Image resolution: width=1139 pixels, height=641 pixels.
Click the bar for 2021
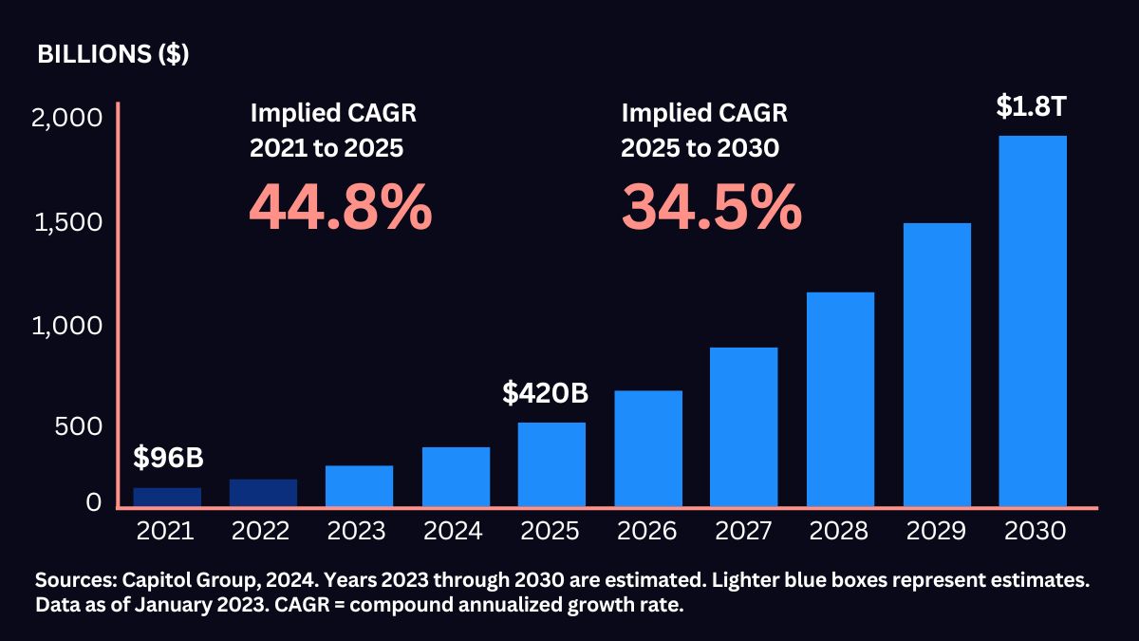[167, 497]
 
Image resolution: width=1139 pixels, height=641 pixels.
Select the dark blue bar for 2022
[263, 493]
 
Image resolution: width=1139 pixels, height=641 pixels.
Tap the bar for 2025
[551, 464]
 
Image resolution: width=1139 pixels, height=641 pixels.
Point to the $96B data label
[168, 459]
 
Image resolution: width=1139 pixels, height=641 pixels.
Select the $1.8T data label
[1033, 107]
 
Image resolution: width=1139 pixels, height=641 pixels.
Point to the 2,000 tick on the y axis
[66, 119]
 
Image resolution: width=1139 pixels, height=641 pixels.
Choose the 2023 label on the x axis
[359, 531]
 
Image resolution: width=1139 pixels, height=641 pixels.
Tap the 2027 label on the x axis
[743, 531]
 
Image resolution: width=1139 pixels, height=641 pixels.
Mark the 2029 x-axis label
[936, 531]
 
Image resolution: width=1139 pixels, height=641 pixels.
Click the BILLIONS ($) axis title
[113, 54]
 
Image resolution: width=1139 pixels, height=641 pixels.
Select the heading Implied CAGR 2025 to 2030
[704, 131]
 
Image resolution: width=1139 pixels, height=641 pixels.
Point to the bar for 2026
[647, 448]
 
